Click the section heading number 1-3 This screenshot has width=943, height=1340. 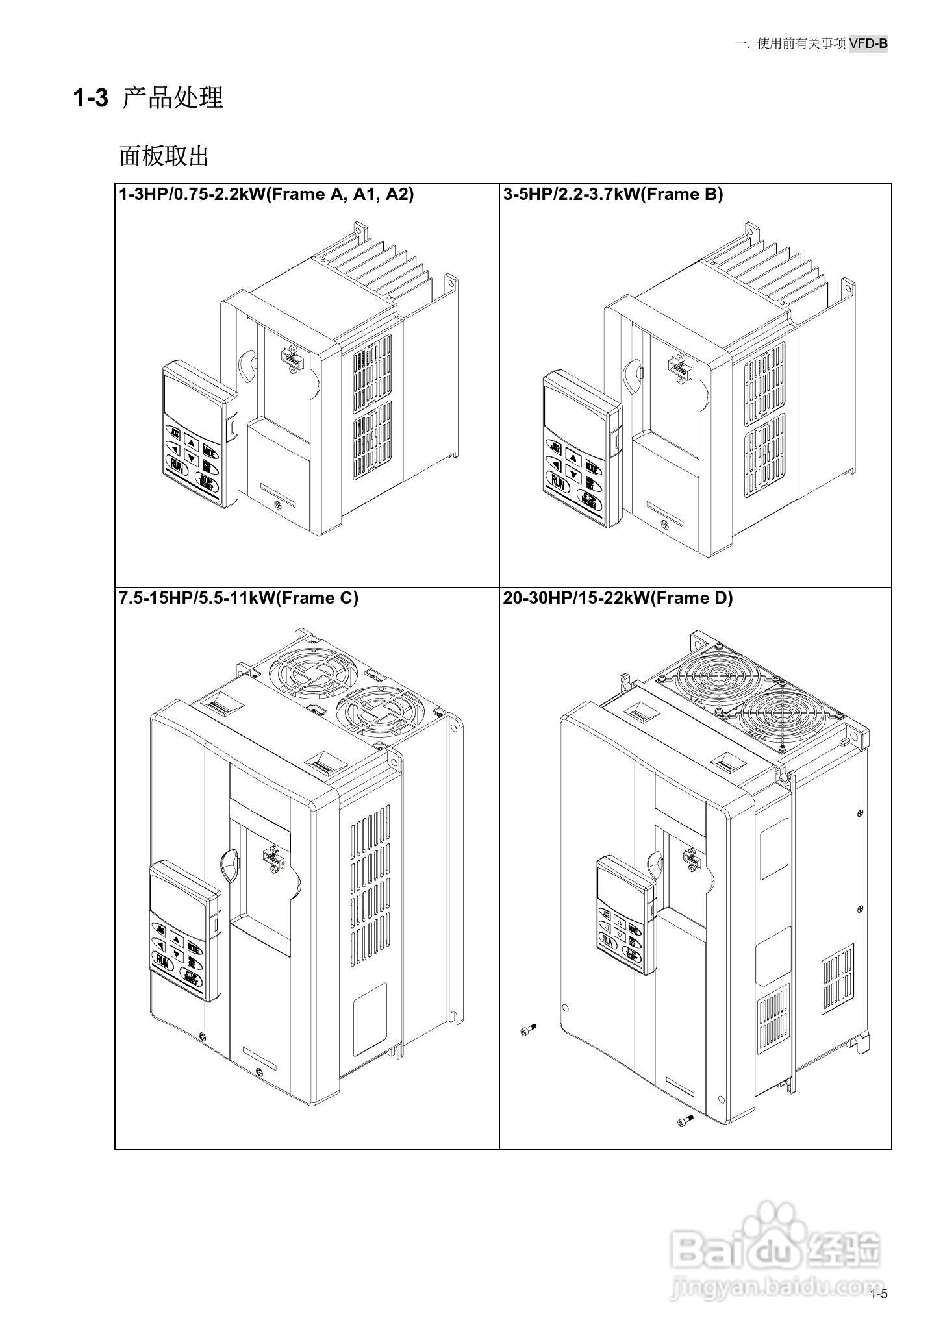[x=90, y=99]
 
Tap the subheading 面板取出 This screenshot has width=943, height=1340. [x=164, y=156]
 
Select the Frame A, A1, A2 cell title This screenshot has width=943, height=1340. [x=266, y=194]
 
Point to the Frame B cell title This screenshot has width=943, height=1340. [x=612, y=194]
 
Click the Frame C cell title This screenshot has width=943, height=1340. [x=238, y=598]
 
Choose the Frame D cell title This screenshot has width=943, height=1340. [x=617, y=598]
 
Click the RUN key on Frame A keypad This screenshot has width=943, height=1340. [x=176, y=464]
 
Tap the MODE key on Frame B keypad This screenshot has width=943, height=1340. [x=593, y=466]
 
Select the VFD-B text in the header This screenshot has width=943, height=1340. [x=868, y=43]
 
